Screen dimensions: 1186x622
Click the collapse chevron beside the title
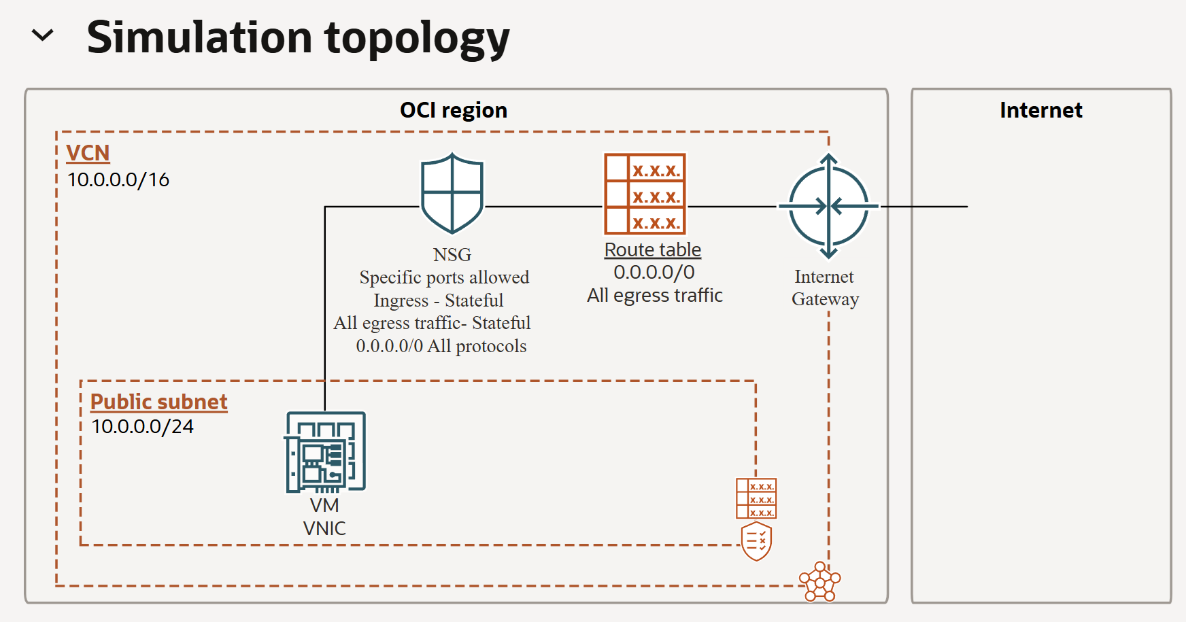(43, 35)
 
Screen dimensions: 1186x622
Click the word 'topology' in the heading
(417, 38)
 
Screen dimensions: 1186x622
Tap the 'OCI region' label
(454, 110)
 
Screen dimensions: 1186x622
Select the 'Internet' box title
(1040, 110)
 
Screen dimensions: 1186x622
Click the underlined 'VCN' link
(88, 153)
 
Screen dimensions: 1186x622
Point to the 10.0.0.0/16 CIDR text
(118, 179)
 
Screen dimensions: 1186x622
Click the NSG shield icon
(452, 193)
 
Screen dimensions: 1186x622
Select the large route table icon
(645, 194)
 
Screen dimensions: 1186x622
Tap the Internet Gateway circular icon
(828, 206)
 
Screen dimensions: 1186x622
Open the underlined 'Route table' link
(653, 249)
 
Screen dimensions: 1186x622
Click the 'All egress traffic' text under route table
(655, 295)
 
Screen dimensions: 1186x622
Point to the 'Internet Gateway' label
(825, 288)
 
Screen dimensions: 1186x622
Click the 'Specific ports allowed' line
(444, 277)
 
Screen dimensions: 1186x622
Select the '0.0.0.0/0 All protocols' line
(441, 346)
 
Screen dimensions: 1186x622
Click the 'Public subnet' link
(159, 402)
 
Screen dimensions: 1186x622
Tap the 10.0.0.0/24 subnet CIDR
(143, 426)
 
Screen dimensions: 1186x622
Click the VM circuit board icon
(326, 452)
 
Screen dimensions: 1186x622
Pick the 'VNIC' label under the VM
(324, 528)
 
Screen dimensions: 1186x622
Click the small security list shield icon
(756, 541)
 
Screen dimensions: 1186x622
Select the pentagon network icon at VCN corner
(820, 582)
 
